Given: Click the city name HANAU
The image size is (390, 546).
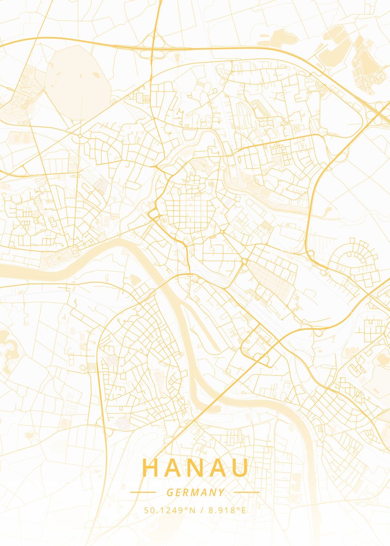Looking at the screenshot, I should [195, 468].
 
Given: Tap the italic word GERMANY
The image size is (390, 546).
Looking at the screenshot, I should [195, 492].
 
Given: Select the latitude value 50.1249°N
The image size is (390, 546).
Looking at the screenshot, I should [170, 511].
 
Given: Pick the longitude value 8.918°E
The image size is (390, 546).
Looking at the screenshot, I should [228, 511].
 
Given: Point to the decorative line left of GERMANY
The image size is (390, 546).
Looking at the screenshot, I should [143, 492].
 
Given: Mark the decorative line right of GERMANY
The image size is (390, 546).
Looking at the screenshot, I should [246, 492].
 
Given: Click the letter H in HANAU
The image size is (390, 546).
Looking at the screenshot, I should [150, 468].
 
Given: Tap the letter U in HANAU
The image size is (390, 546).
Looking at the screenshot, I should [241, 468].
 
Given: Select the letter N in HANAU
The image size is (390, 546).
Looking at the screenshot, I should [196, 468].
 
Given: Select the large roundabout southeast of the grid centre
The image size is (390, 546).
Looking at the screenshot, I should [244, 261].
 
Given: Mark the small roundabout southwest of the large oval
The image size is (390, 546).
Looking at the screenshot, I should [80, 136].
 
